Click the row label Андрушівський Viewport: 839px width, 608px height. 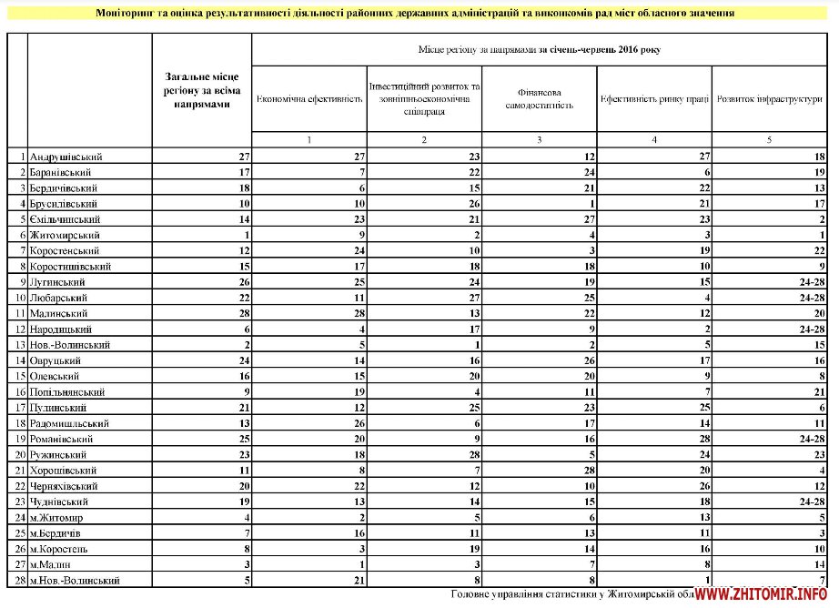(x=66, y=157)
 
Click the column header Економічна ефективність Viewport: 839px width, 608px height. (x=309, y=98)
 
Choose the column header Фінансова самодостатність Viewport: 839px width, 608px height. (x=540, y=98)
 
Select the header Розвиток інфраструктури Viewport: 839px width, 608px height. (x=769, y=98)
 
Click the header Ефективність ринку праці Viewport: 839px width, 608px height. (x=654, y=98)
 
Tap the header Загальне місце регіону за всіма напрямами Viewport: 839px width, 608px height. (x=202, y=91)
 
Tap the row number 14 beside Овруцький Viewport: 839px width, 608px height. (x=18, y=360)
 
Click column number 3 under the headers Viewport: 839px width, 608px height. (x=540, y=140)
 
